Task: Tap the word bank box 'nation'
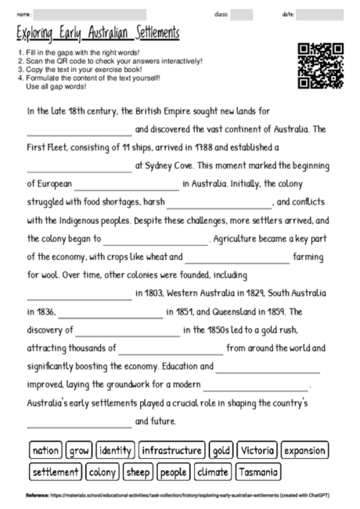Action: (x=45, y=451)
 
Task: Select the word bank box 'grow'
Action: (x=78, y=451)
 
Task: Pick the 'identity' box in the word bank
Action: (x=115, y=451)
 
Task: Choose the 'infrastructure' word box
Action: (x=172, y=451)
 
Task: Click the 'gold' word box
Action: (x=221, y=451)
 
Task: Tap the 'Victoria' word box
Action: (x=257, y=451)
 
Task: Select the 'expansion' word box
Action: (x=304, y=451)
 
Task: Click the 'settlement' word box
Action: (x=56, y=472)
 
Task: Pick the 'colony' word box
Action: (x=103, y=472)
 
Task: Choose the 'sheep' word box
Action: (x=139, y=472)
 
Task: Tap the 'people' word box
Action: (x=173, y=472)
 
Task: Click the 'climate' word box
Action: (x=212, y=472)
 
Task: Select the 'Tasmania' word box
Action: (x=257, y=472)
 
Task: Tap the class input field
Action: (x=242, y=14)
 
